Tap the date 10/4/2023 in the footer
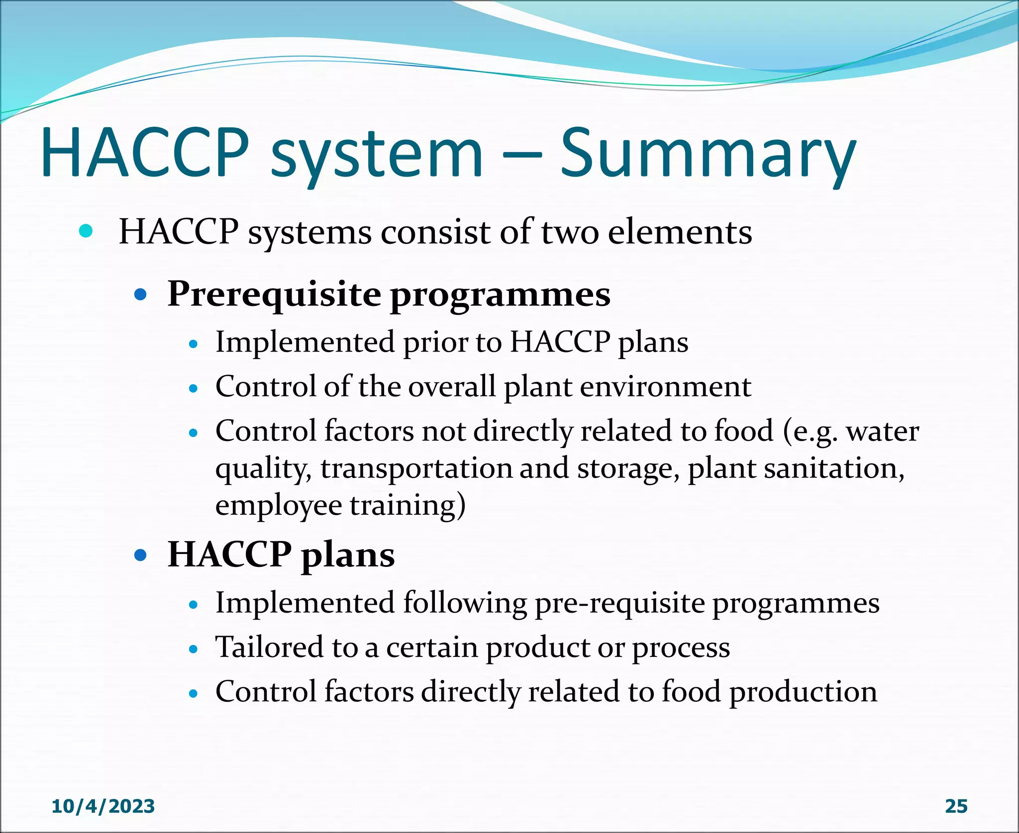tap(103, 806)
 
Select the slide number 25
tap(956, 806)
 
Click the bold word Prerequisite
tap(274, 294)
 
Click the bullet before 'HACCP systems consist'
tap(86, 231)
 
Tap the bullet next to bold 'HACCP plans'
tap(141, 555)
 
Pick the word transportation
tap(416, 469)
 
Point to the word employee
tap(279, 506)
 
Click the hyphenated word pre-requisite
tap(619, 604)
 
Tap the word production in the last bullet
tap(803, 692)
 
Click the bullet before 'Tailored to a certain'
tap(194, 649)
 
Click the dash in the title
tap(522, 154)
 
